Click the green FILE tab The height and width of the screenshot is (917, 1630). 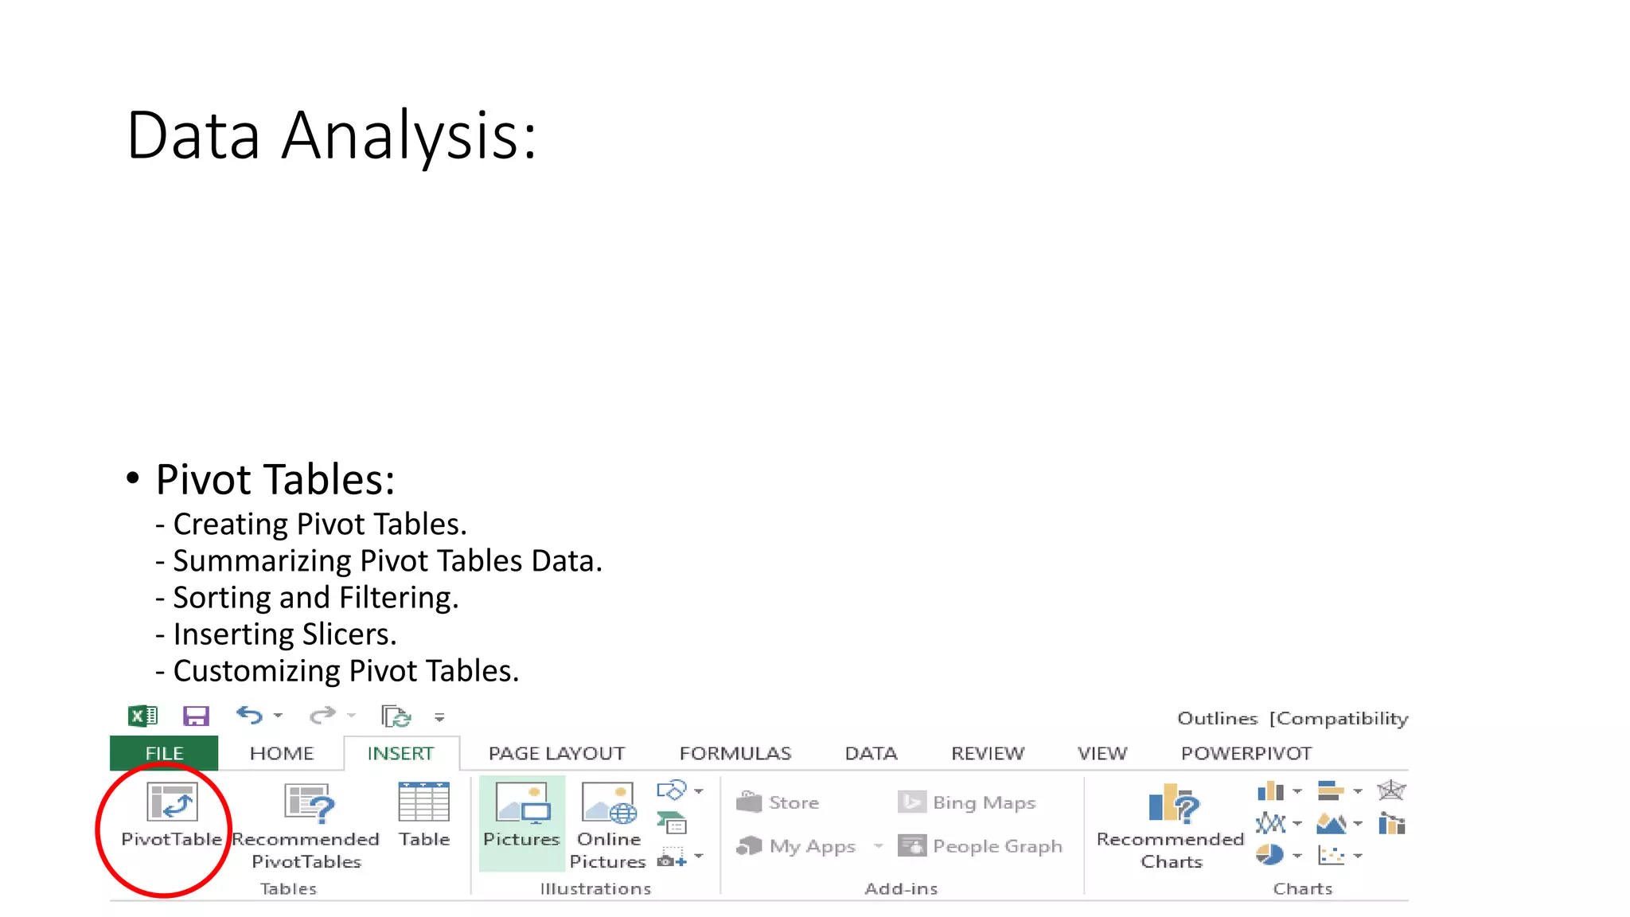(x=164, y=753)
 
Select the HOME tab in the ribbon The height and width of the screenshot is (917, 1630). (x=282, y=753)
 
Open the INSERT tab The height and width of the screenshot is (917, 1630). (x=400, y=753)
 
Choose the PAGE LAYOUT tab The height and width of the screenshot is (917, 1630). (x=556, y=753)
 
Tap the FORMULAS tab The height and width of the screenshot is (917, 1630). (x=735, y=753)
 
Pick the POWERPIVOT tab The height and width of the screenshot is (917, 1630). (x=1246, y=753)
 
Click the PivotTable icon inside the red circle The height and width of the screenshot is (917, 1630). (x=172, y=802)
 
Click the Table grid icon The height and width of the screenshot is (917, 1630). (x=423, y=802)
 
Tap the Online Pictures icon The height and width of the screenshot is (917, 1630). (x=609, y=802)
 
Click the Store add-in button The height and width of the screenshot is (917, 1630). (x=778, y=802)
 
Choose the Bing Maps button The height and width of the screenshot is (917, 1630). (x=967, y=802)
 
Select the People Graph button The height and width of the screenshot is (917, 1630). (x=981, y=846)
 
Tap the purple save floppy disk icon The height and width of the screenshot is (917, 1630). (x=196, y=716)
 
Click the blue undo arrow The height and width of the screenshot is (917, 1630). (x=250, y=716)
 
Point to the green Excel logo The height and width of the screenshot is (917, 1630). (x=143, y=716)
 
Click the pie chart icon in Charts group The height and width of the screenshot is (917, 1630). (x=1269, y=855)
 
